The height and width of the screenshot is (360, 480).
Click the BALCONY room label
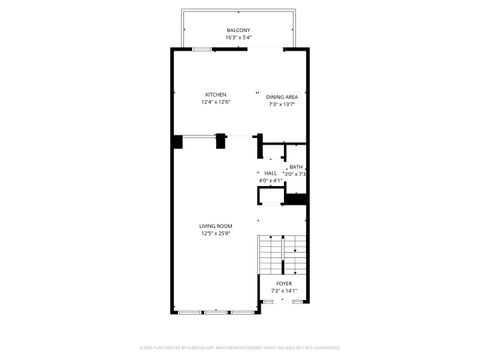pyautogui.click(x=238, y=30)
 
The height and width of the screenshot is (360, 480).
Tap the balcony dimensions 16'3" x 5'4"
pyautogui.click(x=238, y=37)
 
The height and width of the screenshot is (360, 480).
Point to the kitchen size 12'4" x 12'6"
pyautogui.click(x=216, y=100)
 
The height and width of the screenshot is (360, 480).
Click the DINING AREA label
pyautogui.click(x=283, y=96)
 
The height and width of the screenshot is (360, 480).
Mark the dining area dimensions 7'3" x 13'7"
pyautogui.click(x=283, y=103)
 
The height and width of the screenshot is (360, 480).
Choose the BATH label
pyautogui.click(x=296, y=167)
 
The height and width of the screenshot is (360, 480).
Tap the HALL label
pyautogui.click(x=270, y=173)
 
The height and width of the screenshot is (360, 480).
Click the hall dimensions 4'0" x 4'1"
pyautogui.click(x=270, y=180)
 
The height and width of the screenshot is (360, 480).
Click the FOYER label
pyautogui.click(x=284, y=283)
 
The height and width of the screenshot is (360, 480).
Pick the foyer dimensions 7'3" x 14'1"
pyautogui.click(x=284, y=290)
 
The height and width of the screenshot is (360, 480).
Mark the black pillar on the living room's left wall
pyautogui.click(x=177, y=142)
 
